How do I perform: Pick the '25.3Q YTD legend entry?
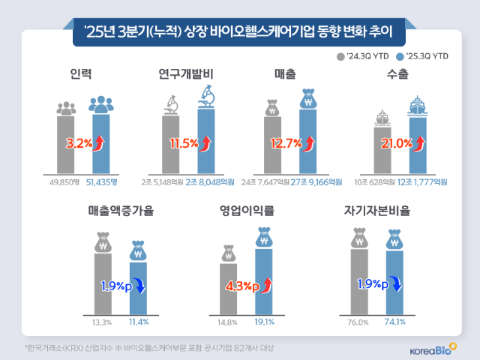[425, 56]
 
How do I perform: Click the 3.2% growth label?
[79, 140]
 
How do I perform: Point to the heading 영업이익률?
[247, 211]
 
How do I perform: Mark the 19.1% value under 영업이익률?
[263, 322]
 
